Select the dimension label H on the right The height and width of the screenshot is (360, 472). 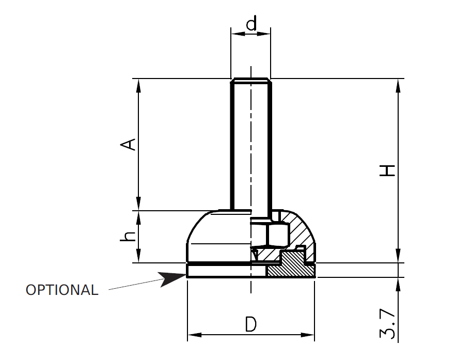387,170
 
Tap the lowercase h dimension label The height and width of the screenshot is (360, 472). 129,237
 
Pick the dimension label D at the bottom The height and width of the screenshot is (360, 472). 250,325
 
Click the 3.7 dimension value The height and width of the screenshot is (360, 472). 388,324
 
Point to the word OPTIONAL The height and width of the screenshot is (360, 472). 62,290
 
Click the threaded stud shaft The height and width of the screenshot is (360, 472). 250,145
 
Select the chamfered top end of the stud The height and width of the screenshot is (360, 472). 250,80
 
